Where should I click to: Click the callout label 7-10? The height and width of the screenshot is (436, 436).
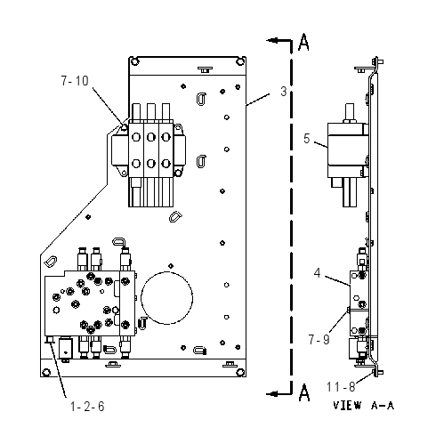point(75,81)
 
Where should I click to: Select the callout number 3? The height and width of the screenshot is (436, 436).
point(284,92)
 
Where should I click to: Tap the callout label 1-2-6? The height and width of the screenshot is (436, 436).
point(87,407)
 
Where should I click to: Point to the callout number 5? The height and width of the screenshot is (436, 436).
point(306,139)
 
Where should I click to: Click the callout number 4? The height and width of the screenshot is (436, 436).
point(318,273)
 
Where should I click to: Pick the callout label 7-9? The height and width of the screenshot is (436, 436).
point(319,339)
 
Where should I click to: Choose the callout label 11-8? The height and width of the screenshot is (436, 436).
point(341,387)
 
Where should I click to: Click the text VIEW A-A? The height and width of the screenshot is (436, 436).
point(363,406)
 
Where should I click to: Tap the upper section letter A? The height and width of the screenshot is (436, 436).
point(303,42)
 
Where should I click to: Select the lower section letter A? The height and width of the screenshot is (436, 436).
point(304,392)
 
